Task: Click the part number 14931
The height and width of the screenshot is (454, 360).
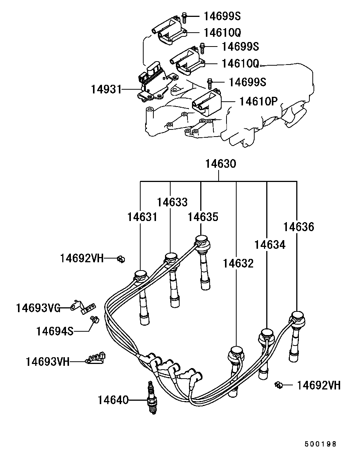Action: click(x=106, y=89)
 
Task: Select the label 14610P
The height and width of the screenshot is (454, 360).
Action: click(x=258, y=101)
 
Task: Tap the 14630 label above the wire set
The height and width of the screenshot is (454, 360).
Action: click(x=220, y=164)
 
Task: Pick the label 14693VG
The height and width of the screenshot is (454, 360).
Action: click(x=38, y=308)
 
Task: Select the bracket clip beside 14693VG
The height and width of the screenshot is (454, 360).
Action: click(x=83, y=307)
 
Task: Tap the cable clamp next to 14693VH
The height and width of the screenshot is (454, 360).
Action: click(x=95, y=358)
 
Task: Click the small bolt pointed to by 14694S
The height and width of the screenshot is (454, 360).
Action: click(x=95, y=320)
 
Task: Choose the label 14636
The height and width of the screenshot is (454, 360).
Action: click(x=298, y=227)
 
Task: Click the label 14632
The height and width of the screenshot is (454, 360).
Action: click(x=238, y=263)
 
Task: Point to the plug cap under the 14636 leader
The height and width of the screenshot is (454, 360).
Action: click(x=295, y=340)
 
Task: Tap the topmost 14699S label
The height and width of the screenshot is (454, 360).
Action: click(x=222, y=16)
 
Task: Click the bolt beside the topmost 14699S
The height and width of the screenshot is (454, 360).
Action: click(x=184, y=17)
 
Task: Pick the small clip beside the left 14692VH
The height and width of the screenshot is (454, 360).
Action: click(x=121, y=259)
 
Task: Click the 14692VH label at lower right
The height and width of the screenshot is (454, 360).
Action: click(x=319, y=385)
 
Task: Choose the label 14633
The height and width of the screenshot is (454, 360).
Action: click(x=172, y=202)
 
